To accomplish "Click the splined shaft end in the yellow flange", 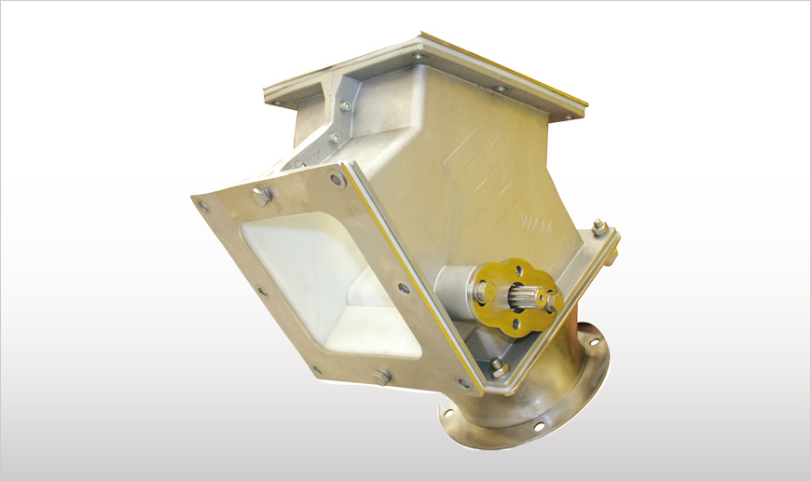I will [x=516, y=298].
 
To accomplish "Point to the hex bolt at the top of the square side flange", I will [x=261, y=196].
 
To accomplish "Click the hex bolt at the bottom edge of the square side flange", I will [x=380, y=377].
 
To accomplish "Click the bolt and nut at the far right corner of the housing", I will [x=599, y=229].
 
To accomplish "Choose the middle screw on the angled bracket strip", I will [x=333, y=138].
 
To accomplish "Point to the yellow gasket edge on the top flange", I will [x=503, y=67].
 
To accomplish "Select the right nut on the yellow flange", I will [x=549, y=300].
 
